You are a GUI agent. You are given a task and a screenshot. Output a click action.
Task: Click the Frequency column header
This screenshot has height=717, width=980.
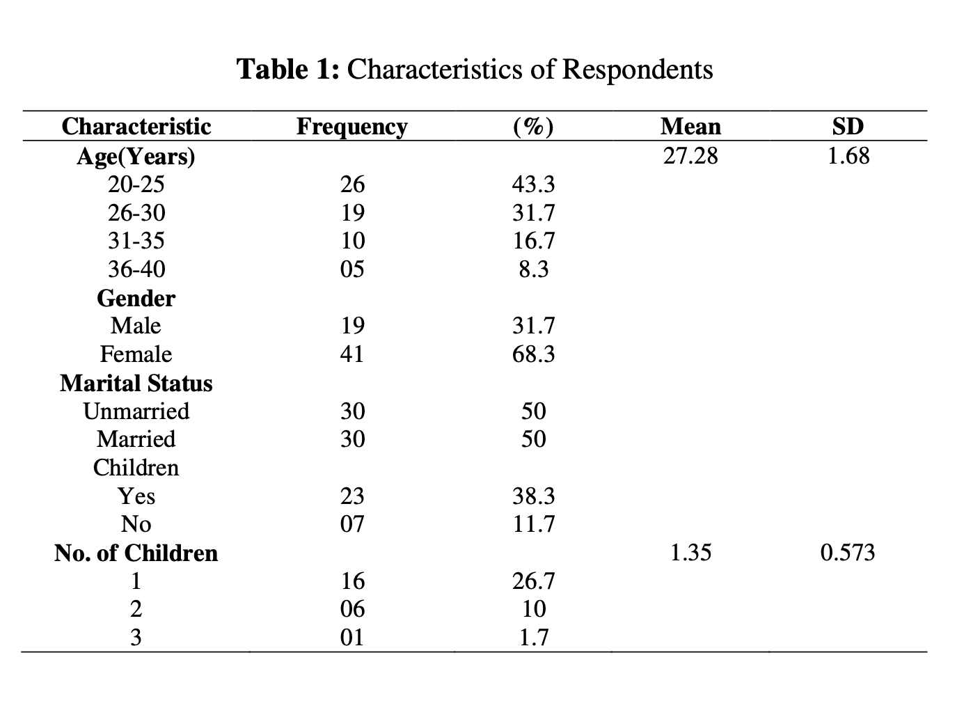tap(351, 127)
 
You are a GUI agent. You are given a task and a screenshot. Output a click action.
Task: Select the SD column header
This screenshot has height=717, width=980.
tap(848, 127)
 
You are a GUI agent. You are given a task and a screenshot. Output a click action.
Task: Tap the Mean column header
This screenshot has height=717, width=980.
tap(690, 127)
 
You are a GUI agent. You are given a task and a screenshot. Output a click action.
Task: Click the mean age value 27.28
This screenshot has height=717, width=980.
tap(690, 156)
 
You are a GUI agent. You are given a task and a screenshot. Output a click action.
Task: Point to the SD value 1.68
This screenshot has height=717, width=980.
tap(848, 156)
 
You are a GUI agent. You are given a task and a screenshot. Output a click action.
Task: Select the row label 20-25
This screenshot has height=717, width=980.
tap(136, 184)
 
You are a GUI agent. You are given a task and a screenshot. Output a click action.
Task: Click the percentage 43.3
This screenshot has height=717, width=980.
tap(533, 184)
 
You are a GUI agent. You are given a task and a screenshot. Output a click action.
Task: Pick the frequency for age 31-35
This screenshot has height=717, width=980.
tap(353, 241)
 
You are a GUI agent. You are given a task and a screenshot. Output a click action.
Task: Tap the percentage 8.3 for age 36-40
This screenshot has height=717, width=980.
tap(533, 269)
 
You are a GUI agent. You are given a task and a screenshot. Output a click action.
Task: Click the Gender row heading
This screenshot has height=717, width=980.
tap(136, 299)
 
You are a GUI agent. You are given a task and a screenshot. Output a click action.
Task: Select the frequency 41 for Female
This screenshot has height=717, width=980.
tap(352, 354)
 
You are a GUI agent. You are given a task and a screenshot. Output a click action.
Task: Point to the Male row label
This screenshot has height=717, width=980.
tap(136, 326)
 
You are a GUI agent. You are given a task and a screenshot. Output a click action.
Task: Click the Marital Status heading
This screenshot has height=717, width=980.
tap(136, 384)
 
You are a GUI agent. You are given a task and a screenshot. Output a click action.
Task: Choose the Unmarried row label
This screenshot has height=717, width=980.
tap(136, 411)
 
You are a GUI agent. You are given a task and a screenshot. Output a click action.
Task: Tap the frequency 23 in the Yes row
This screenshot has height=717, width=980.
tap(352, 496)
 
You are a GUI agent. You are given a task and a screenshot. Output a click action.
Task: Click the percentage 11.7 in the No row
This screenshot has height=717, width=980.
tap(533, 524)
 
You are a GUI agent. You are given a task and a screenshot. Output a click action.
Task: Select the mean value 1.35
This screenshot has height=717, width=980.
tap(691, 553)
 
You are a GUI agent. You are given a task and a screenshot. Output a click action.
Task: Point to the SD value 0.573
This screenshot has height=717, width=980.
tap(848, 553)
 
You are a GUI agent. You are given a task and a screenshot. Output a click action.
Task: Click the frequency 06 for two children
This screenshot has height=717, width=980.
tap(352, 609)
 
